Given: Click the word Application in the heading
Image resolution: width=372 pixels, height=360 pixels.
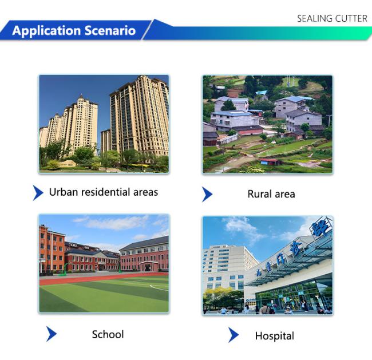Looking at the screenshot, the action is pyautogui.click(x=47, y=31).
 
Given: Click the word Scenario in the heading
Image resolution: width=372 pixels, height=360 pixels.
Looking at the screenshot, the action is pyautogui.click(x=110, y=30).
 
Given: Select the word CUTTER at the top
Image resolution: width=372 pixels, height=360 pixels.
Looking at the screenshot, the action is pyautogui.click(x=351, y=18).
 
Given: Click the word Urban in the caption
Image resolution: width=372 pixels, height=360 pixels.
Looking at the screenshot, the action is pyautogui.click(x=64, y=192).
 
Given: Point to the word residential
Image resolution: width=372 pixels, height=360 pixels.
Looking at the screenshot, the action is pyautogui.click(x=105, y=192).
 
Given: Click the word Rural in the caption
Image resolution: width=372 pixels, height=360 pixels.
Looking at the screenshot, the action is pyautogui.click(x=259, y=194).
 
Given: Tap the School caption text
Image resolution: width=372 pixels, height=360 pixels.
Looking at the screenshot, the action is pyautogui.click(x=108, y=334).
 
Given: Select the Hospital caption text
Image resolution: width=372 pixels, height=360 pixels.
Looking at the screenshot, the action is pyautogui.click(x=275, y=336).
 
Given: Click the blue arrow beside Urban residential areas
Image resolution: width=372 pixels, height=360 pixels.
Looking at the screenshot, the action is pyautogui.click(x=38, y=193).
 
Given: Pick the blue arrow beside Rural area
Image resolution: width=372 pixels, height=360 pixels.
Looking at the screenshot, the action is pyautogui.click(x=207, y=194).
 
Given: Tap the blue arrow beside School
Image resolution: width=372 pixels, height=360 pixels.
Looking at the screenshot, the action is pyautogui.click(x=52, y=334).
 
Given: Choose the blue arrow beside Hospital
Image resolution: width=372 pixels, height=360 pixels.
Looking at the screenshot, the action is pyautogui.click(x=234, y=335).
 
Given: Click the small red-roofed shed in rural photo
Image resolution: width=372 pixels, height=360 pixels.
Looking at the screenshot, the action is pyautogui.click(x=270, y=161).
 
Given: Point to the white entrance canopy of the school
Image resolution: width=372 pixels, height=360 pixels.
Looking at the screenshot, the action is pyautogui.click(x=149, y=263).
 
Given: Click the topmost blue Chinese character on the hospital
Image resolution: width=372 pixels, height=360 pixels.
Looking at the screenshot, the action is pyautogui.click(x=320, y=227).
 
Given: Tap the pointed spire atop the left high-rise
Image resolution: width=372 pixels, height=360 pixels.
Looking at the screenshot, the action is pyautogui.click(x=82, y=97).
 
